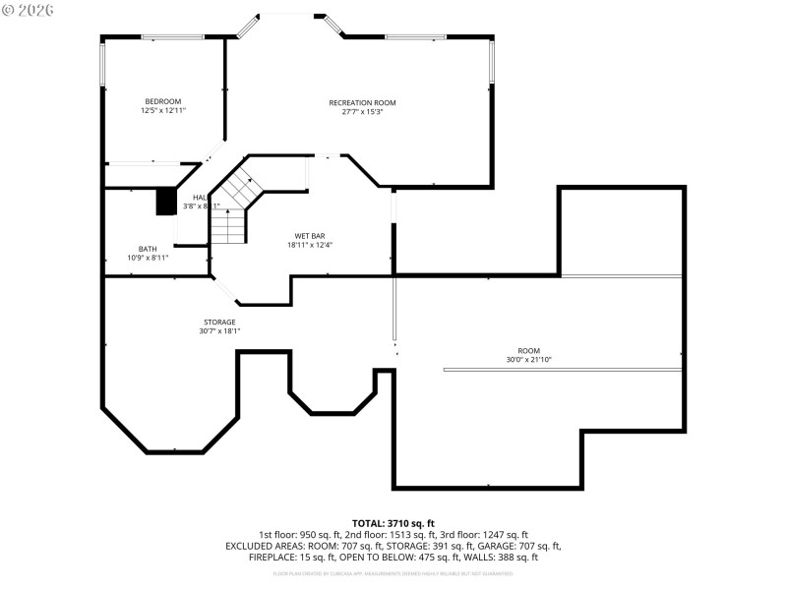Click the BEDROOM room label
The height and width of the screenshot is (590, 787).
163,101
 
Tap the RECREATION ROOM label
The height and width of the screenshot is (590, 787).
362,102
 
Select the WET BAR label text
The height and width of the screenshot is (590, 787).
310,236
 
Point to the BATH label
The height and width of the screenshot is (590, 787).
148,249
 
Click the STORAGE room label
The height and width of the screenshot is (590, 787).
219,322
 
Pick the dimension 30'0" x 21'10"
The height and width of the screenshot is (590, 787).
529,360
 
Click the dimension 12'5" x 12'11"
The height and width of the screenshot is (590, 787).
163,111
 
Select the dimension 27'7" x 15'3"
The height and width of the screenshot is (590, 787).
362,112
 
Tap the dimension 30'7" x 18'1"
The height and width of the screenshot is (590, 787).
219,331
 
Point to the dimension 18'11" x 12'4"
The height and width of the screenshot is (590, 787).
310,245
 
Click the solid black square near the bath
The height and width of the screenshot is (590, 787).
165,201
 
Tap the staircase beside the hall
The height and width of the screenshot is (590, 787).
232,211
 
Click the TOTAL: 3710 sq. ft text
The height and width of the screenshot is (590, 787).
393,523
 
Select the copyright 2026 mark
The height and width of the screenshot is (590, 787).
29,10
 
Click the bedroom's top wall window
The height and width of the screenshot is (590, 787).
172,37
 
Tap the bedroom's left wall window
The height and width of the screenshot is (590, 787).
102,64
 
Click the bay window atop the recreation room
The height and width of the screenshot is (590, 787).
286,14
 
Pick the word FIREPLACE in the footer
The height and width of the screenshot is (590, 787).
270,557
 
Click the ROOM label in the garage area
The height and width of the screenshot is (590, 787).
529,350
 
